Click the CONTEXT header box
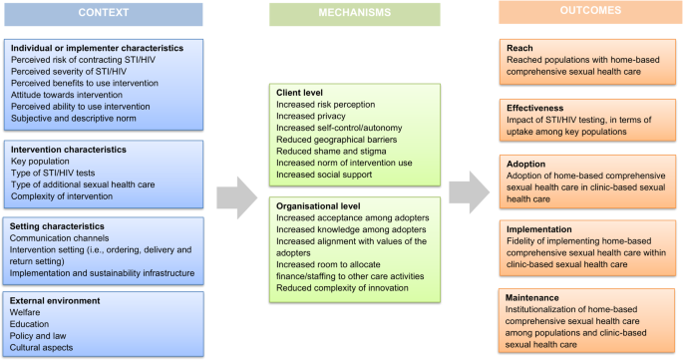(x=103, y=12)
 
